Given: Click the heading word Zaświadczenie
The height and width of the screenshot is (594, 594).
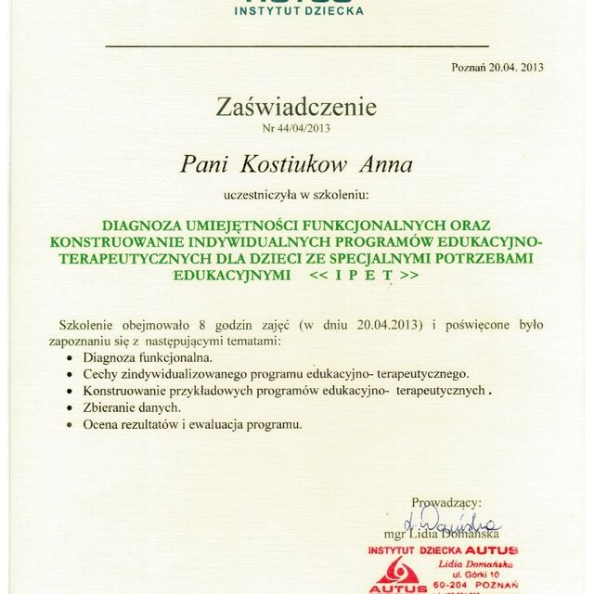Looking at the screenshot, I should coord(296,108).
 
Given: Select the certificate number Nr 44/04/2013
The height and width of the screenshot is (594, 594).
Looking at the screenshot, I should coord(296,128).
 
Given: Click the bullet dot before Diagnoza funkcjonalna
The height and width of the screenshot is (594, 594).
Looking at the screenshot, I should coord(71,357).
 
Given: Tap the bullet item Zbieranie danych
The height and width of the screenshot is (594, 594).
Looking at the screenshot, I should coord(132,407).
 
